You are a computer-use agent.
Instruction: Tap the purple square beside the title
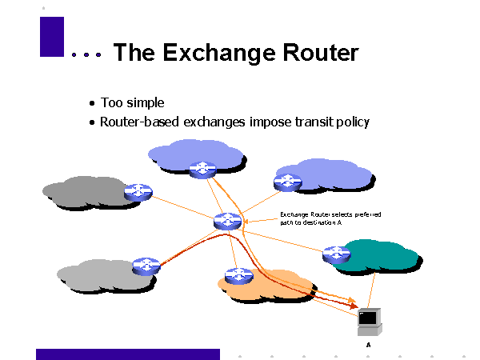[51, 37]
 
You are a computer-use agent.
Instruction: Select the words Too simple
[132, 103]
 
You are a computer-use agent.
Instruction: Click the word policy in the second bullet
[352, 123]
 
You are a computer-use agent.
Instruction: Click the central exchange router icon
[228, 221]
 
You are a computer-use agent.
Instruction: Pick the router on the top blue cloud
[202, 168]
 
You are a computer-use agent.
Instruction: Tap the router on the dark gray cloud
[138, 192]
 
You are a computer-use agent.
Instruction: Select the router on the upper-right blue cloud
[287, 181]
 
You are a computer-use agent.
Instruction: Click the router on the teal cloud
[336, 254]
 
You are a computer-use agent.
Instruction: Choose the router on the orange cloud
[239, 276]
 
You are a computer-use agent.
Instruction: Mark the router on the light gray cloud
[146, 266]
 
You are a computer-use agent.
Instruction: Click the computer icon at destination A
[368, 321]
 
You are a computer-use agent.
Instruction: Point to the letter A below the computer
[368, 344]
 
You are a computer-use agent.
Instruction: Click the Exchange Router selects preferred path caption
[330, 218]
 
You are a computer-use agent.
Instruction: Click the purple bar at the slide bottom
[127, 354]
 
